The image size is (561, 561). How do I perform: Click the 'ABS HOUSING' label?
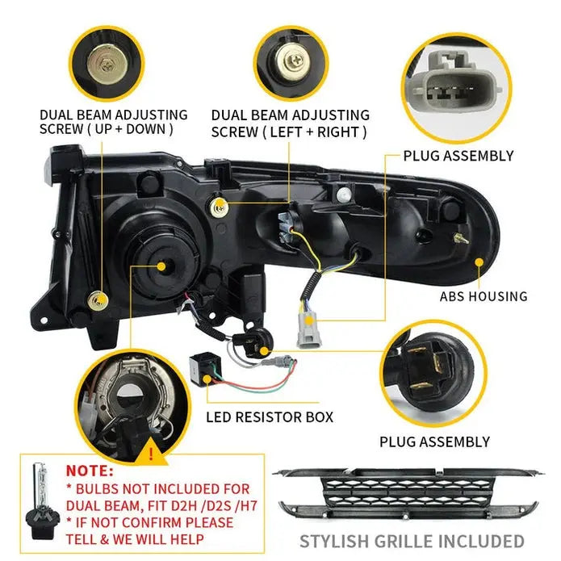[484, 296]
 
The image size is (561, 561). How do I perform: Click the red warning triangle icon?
[150, 454]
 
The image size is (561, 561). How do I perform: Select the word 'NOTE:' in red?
[90, 469]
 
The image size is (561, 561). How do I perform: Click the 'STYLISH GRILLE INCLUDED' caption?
[412, 541]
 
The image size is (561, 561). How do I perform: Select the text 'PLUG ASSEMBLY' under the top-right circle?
[458, 156]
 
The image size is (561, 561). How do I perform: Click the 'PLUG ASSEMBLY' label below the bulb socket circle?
[435, 442]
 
